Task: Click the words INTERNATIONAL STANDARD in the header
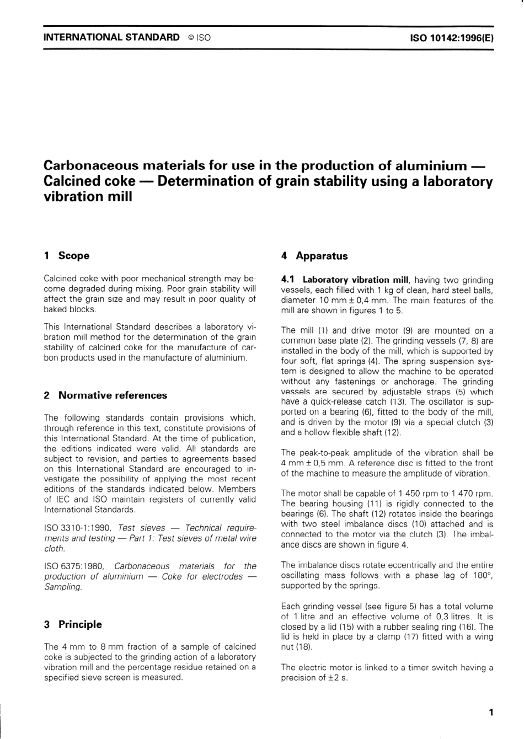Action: [x=111, y=38]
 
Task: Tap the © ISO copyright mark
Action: [x=199, y=38]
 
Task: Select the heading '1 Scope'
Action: [x=66, y=255]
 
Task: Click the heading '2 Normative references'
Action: [x=105, y=395]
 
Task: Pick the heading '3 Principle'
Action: [x=73, y=624]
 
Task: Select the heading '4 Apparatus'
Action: [x=314, y=256]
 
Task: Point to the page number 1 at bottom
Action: [x=490, y=713]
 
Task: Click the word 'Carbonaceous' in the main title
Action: [x=90, y=165]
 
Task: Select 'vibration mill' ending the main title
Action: [x=88, y=197]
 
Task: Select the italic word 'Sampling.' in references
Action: [x=63, y=587]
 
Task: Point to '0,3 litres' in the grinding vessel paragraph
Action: [x=444, y=617]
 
